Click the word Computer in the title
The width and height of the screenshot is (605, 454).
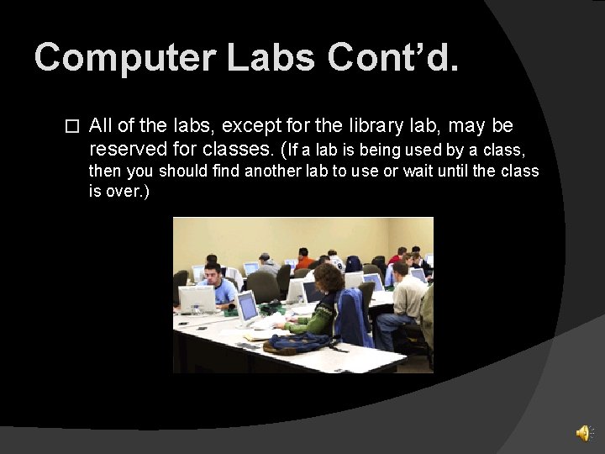tap(124, 58)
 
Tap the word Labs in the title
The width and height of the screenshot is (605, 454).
tap(271, 58)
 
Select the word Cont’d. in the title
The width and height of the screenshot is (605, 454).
tap(393, 58)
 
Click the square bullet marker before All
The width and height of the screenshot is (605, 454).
tap(71, 127)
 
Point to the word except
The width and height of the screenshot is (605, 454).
tap(252, 126)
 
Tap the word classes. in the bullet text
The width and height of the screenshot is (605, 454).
tap(239, 150)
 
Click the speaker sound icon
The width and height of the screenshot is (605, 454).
tap(583, 432)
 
